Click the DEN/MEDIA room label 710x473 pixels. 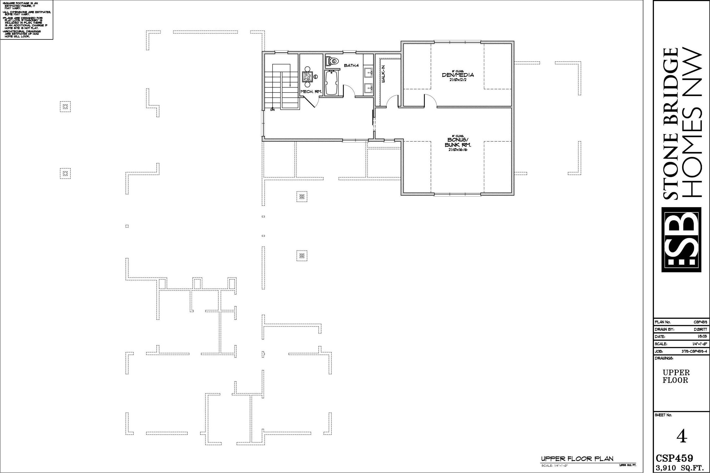[x=458, y=75]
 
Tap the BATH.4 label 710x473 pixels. [x=351, y=65]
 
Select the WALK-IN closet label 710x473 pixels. [x=383, y=74]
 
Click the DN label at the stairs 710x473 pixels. [x=273, y=110]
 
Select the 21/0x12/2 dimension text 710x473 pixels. [x=458, y=80]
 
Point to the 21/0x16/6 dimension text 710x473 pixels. [x=457, y=150]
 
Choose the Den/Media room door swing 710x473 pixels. [x=430, y=100]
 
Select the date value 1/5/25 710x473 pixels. [x=703, y=336]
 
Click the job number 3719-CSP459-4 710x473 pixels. [x=694, y=351]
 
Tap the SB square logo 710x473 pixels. [x=681, y=239]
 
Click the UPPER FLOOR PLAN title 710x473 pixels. [x=577, y=459]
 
